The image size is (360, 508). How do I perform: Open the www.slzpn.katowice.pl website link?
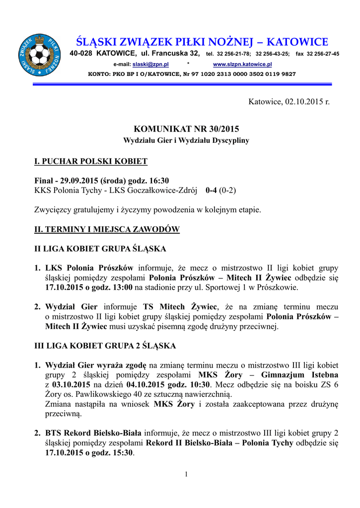(x=242, y=64)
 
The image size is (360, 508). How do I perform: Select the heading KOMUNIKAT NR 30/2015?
(x=186, y=129)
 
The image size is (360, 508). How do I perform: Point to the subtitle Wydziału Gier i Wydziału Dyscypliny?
(x=186, y=140)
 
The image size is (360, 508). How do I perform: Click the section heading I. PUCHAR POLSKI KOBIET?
(x=91, y=162)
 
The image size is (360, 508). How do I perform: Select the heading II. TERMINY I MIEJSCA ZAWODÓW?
(x=107, y=230)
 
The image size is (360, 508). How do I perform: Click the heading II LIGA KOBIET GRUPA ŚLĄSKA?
(x=100, y=248)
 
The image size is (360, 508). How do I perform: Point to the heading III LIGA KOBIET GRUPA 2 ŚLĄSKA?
(x=105, y=345)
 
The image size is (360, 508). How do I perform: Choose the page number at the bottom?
(x=186, y=474)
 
